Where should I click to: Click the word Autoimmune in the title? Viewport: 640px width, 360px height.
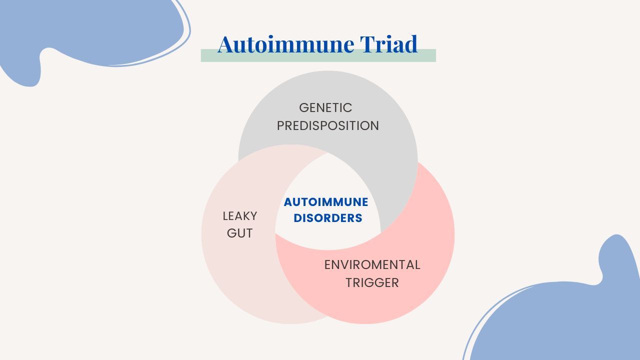click(285, 44)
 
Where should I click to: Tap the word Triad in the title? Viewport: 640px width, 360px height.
click(389, 44)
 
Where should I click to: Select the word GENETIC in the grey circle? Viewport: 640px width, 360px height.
click(325, 108)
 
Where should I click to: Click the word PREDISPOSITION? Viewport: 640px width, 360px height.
click(327, 125)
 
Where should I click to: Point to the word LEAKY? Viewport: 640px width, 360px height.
click(239, 216)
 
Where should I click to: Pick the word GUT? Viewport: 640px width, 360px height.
click(239, 233)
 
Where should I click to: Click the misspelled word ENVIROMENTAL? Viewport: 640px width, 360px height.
click(372, 265)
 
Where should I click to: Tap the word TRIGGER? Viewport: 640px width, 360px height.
click(372, 283)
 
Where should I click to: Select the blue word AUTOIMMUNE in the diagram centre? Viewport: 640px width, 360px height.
click(326, 202)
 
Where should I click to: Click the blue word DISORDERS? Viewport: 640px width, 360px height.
click(327, 218)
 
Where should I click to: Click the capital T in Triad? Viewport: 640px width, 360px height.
click(367, 44)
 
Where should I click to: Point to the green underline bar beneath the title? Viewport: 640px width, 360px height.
click(318, 55)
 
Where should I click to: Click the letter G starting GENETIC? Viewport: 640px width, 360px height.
click(303, 108)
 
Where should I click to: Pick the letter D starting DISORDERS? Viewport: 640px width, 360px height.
click(297, 218)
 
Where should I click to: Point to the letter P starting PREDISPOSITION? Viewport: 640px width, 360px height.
click(280, 125)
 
